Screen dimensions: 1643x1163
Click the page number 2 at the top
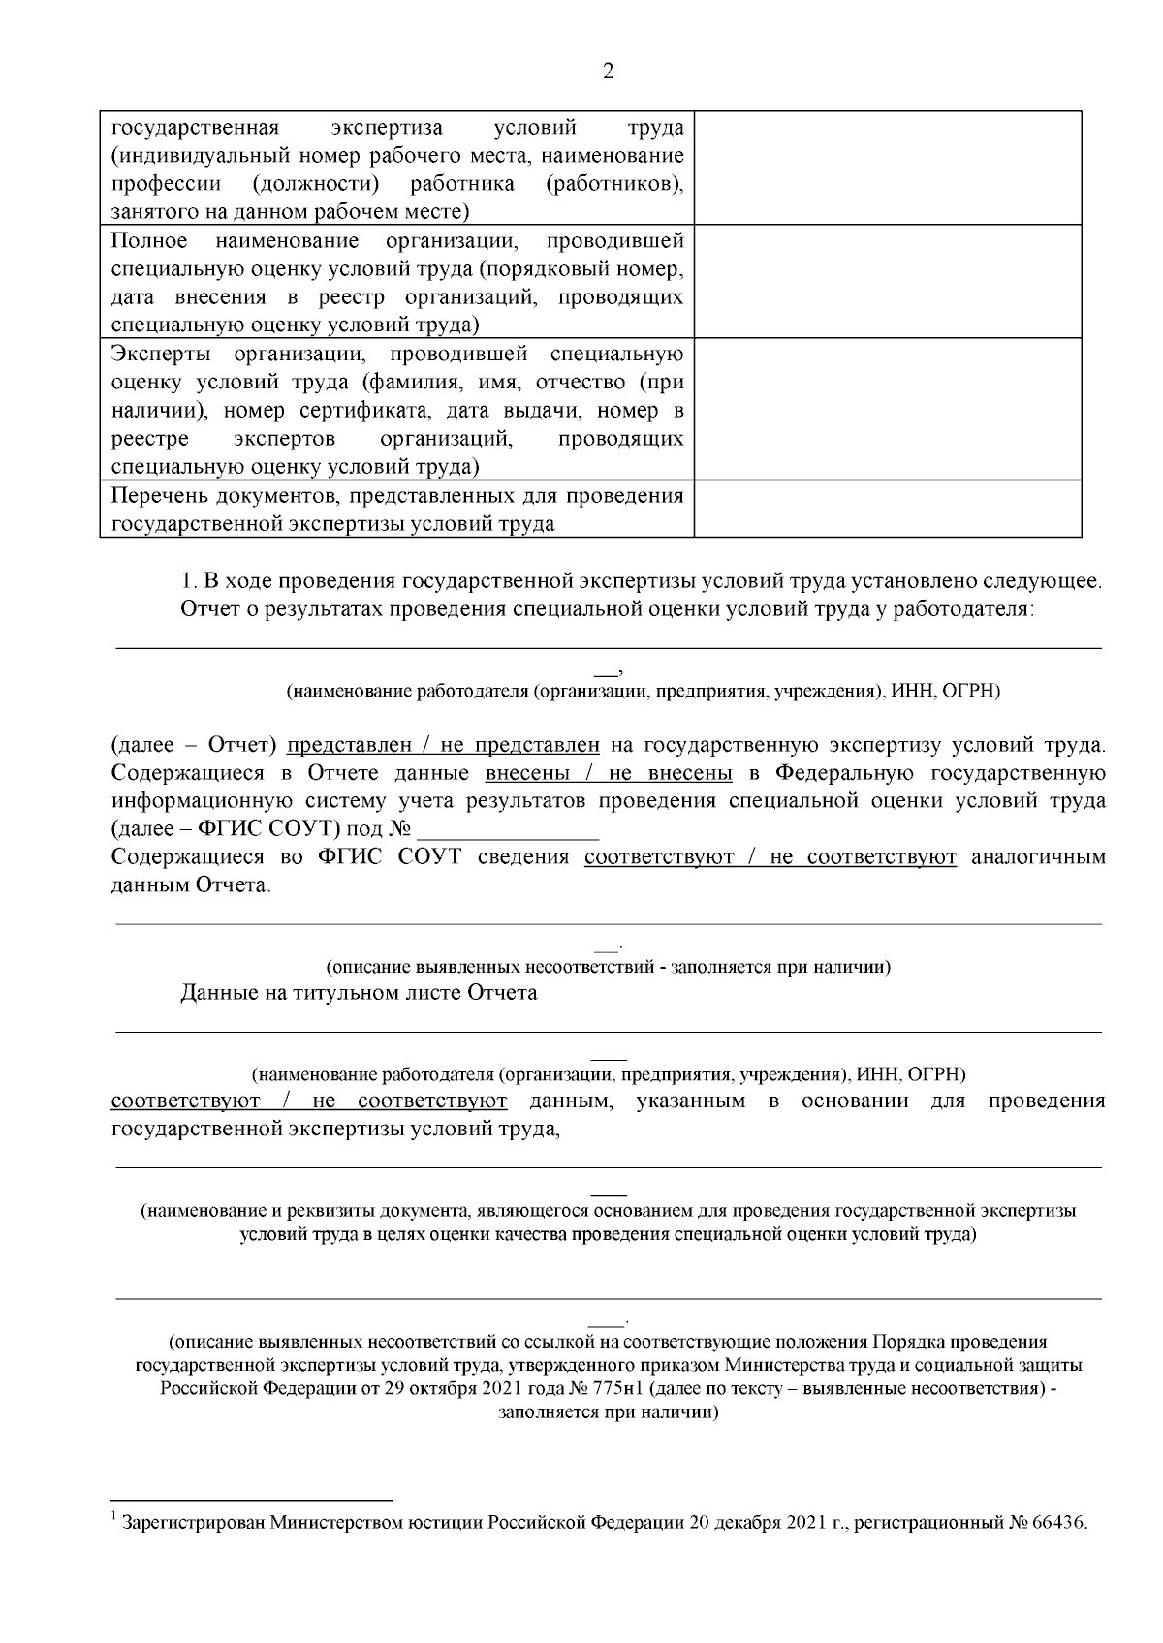pos(609,71)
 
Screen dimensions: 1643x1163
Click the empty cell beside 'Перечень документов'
pos(887,510)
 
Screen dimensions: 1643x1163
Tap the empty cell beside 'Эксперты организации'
pos(887,409)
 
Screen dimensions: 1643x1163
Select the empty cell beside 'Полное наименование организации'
pos(887,281)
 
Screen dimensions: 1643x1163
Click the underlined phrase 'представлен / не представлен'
pos(443,746)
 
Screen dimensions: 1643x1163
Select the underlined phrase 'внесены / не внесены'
pos(608,773)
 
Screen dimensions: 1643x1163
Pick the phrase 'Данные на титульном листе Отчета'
pos(359,993)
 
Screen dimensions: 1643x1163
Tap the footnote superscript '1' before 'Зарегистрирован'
pos(114,1516)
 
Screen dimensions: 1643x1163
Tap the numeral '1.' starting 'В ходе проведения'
pos(189,582)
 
